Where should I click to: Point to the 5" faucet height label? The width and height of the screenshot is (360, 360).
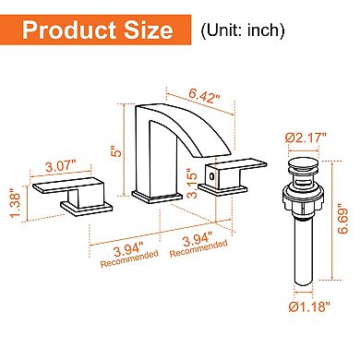click(x=114, y=149)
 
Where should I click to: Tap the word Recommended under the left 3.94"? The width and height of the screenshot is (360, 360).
click(x=122, y=261)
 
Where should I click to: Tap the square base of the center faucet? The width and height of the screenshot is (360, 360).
click(x=150, y=198)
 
